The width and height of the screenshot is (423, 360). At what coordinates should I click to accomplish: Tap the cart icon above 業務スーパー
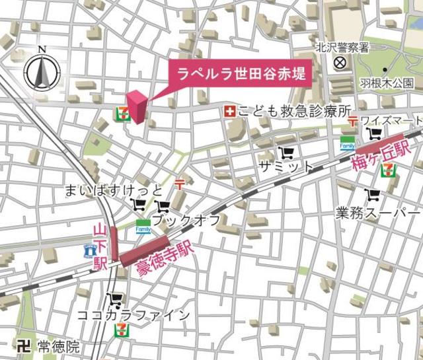tap(373, 195)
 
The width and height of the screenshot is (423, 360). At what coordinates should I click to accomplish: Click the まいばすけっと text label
tap(112, 190)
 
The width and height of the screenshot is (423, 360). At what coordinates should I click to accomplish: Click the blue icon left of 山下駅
tap(91, 250)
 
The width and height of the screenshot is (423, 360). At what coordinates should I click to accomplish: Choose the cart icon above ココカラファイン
tap(116, 299)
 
